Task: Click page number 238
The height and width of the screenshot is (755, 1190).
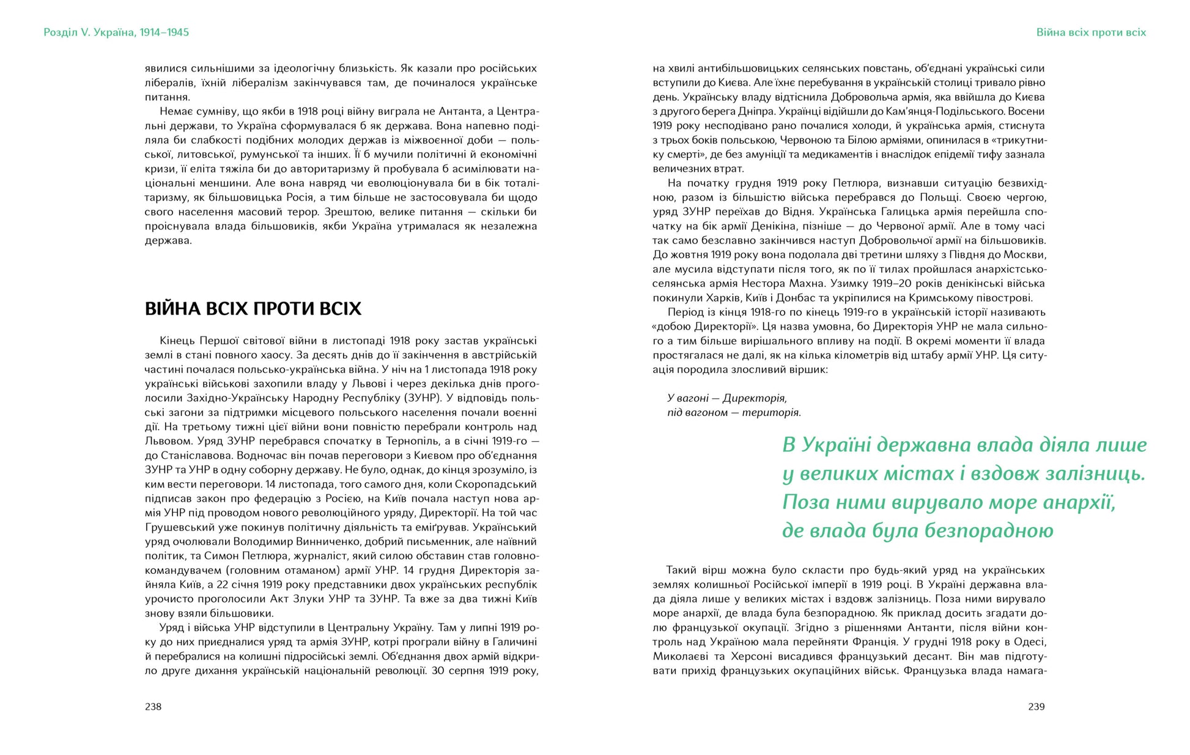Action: click(153, 707)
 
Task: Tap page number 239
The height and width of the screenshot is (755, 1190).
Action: click(1036, 707)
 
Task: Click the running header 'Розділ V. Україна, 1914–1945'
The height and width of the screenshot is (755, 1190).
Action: click(116, 32)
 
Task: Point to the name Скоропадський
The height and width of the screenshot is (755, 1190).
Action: click(500, 485)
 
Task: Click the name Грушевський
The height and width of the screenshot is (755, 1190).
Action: click(179, 527)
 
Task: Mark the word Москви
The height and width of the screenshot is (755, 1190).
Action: click(1027, 255)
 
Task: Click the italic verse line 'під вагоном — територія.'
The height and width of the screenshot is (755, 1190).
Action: click(734, 413)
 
